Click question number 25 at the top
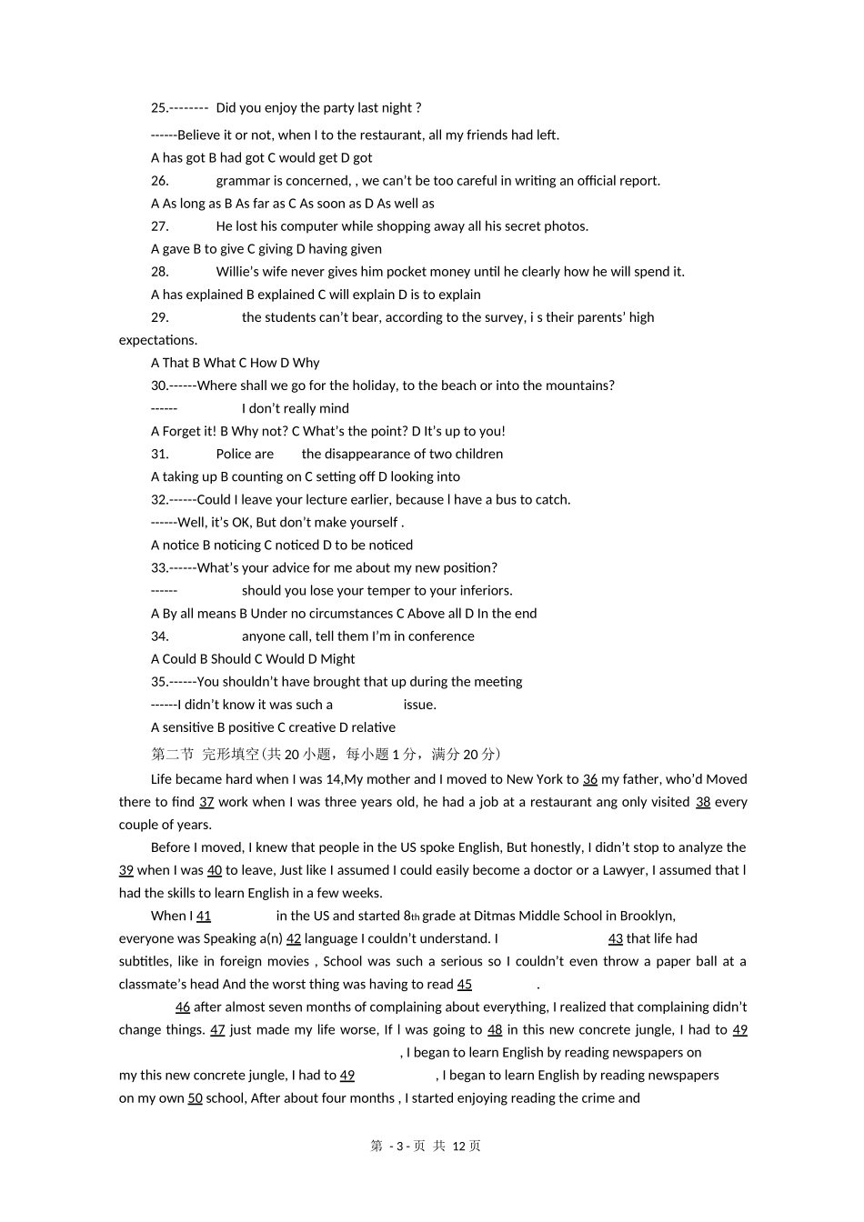pyautogui.click(x=159, y=108)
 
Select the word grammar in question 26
pyautogui.click(x=243, y=181)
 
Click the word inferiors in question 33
pyautogui.click(x=484, y=590)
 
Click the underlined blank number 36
pyautogui.click(x=590, y=779)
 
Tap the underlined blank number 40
pyautogui.click(x=215, y=870)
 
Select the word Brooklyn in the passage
pyautogui.click(x=647, y=916)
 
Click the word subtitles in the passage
pyautogui.click(x=145, y=961)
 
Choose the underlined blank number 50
pyautogui.click(x=195, y=1098)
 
